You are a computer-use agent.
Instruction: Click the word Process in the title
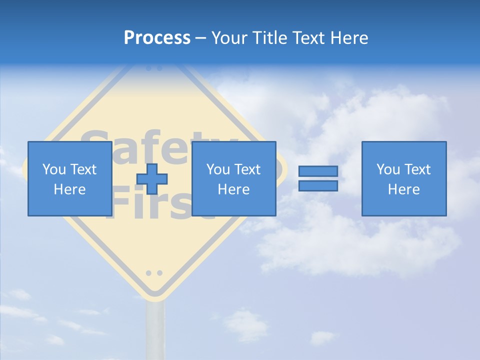pyautogui.click(x=157, y=38)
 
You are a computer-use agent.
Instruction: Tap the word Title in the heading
pyautogui.click(x=269, y=38)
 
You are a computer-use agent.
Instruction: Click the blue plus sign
pyautogui.click(x=152, y=179)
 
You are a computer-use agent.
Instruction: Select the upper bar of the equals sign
pyautogui.click(x=318, y=171)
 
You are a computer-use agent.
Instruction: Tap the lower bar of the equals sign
pyautogui.click(x=318, y=186)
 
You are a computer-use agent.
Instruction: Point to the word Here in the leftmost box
pyautogui.click(x=69, y=189)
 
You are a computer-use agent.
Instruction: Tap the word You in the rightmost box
pyautogui.click(x=388, y=169)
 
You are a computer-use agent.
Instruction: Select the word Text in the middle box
pyautogui.click(x=247, y=169)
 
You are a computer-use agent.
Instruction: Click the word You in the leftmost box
pyautogui.click(x=54, y=169)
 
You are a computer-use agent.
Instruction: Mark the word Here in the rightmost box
pyautogui.click(x=403, y=189)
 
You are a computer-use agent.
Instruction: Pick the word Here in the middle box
pyautogui.click(x=233, y=189)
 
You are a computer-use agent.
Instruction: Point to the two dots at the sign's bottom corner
pyautogui.click(x=154, y=273)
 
